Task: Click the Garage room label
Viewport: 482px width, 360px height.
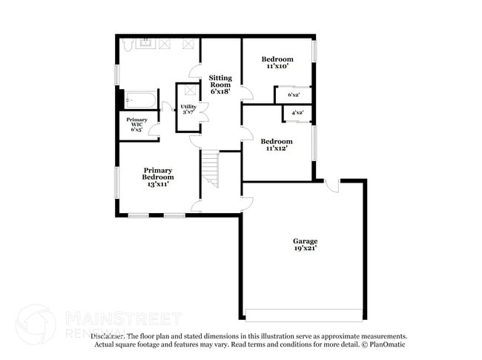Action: coord(305,241)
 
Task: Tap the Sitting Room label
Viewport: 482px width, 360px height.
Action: coord(220,77)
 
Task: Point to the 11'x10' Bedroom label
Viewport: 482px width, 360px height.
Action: coord(277,59)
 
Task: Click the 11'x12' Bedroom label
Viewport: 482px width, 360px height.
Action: coord(277,141)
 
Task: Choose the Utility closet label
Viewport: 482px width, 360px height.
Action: coord(188,107)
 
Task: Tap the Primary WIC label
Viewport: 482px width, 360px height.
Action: coord(136,120)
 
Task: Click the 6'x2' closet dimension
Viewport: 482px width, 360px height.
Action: coord(294,94)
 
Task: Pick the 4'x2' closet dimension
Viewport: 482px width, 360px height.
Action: coord(297,113)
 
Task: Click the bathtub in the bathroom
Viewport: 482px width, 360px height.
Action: coord(139,99)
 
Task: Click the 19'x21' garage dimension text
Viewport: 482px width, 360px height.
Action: coord(305,249)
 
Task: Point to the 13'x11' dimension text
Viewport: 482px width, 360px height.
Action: coord(158,183)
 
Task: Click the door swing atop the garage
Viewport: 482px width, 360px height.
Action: coord(332,184)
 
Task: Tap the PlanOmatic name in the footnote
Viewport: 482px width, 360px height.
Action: coord(385,345)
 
